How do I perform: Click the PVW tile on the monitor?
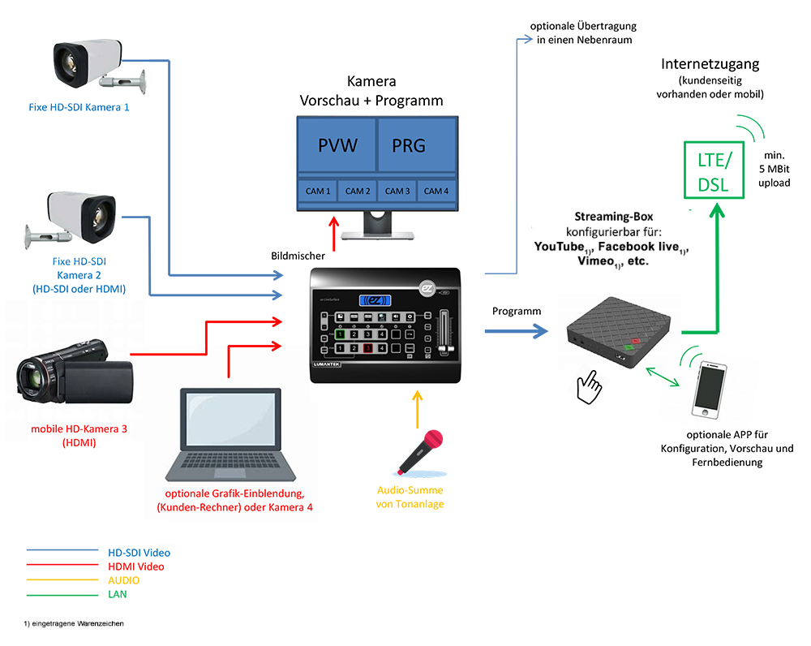click(337, 146)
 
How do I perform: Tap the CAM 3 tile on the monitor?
click(397, 191)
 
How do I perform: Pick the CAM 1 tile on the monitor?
click(318, 191)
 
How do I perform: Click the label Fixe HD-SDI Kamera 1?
click(76, 106)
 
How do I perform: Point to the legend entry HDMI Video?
click(135, 566)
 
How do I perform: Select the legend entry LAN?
click(118, 594)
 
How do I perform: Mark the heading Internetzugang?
click(710, 64)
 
